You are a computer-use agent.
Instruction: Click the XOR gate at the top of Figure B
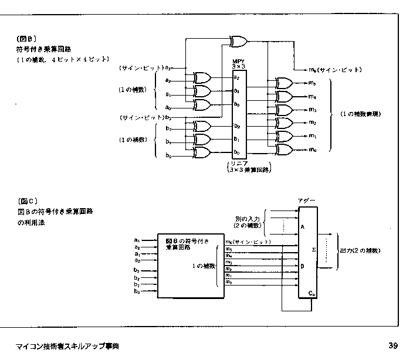click(239, 41)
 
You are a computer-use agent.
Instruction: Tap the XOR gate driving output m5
click(283, 82)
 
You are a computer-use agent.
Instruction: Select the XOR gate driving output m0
click(283, 150)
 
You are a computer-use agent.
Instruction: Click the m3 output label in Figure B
click(313, 110)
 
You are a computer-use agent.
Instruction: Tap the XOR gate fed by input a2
click(201, 78)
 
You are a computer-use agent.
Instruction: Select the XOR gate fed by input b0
click(201, 153)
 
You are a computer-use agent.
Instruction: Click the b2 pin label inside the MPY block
click(237, 125)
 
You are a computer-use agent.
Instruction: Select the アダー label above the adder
click(307, 201)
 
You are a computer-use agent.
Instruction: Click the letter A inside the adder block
click(302, 225)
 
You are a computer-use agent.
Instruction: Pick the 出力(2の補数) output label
click(359, 250)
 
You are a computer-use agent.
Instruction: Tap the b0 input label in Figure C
click(136, 290)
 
